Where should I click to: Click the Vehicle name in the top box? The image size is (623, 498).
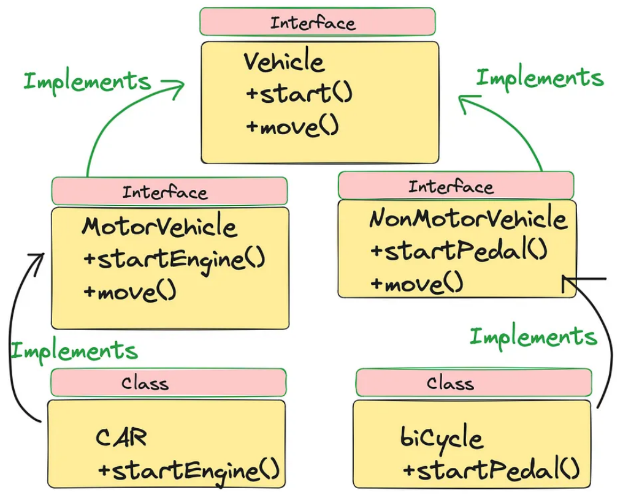pyautogui.click(x=284, y=62)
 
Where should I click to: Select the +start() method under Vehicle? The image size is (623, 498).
pyautogui.click(x=299, y=94)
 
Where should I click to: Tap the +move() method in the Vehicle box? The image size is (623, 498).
pyautogui.click(x=292, y=127)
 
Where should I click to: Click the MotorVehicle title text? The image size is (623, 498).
pyautogui.click(x=159, y=227)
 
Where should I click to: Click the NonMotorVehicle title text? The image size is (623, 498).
pyautogui.click(x=468, y=219)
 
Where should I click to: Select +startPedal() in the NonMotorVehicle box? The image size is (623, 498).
pyautogui.click(x=458, y=251)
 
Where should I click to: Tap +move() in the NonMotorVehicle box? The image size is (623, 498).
pyautogui.click(x=416, y=284)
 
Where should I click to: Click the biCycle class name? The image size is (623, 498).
pyautogui.click(x=441, y=438)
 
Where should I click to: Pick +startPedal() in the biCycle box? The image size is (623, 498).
pyautogui.click(x=491, y=470)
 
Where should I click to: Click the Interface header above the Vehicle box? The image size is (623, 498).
pyautogui.click(x=313, y=23)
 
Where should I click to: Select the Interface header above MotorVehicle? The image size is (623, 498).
pyautogui.click(x=165, y=192)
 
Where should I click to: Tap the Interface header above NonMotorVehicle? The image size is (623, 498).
pyautogui.click(x=451, y=186)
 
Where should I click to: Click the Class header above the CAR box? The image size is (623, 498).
pyautogui.click(x=145, y=383)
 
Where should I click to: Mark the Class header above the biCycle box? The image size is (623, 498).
pyautogui.click(x=450, y=383)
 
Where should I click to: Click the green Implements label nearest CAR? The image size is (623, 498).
pyautogui.click(x=74, y=351)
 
